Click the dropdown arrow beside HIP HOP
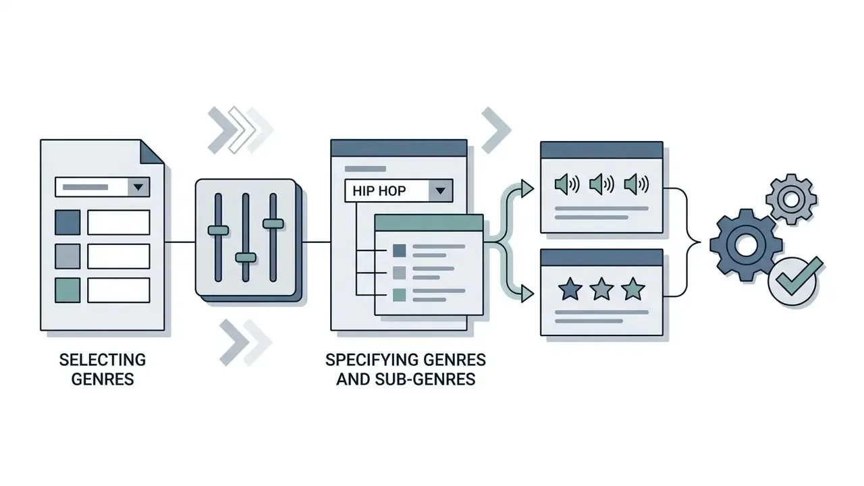click(440, 190)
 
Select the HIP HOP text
click(379, 191)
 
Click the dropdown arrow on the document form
click(138, 187)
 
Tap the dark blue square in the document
click(67, 223)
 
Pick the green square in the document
click(67, 290)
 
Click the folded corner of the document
click(151, 152)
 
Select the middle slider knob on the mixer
click(246, 257)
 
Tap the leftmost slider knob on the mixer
click(218, 230)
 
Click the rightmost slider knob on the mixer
click(273, 223)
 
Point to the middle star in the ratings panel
click(601, 288)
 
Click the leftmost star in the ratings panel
click(570, 288)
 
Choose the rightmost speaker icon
click(637, 184)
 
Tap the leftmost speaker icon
click(567, 184)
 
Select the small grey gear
click(791, 199)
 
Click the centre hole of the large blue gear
click(746, 244)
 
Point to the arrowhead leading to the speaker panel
click(527, 189)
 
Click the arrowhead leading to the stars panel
click(527, 294)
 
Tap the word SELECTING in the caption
click(103, 360)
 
